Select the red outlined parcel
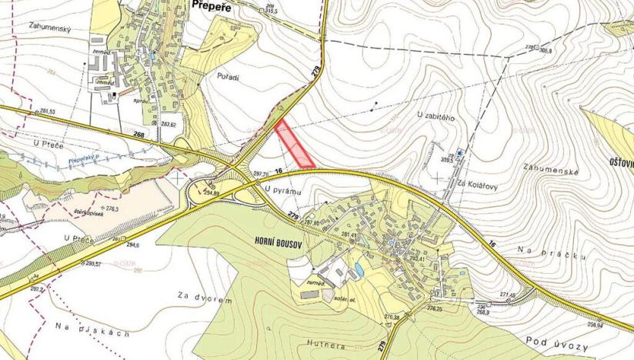coord(295,145)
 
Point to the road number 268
coord(138,134)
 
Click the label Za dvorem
coord(204,299)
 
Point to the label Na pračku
coord(543,252)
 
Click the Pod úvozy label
coord(555,339)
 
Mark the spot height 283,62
coord(169,124)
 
